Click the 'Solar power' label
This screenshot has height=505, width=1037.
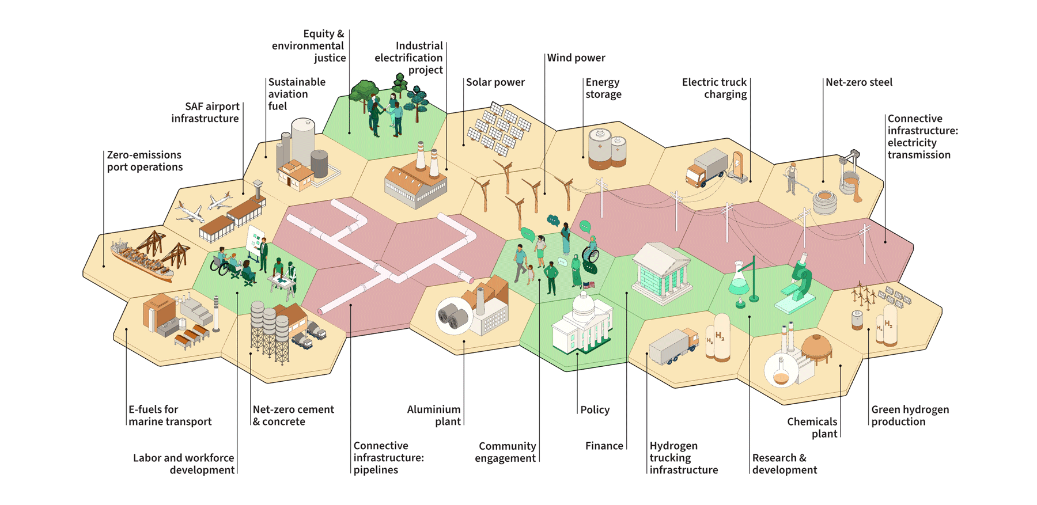[x=495, y=82]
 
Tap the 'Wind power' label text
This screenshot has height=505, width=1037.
[x=576, y=58]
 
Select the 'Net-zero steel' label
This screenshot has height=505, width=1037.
[x=858, y=82]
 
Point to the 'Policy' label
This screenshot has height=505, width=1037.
[x=595, y=410]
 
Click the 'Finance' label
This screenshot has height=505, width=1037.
[x=604, y=446]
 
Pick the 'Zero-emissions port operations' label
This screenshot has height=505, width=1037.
[x=145, y=161]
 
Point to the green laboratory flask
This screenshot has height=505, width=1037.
[x=739, y=282]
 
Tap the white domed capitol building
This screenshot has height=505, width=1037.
[x=582, y=325]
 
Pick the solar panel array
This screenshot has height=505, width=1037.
[x=499, y=129]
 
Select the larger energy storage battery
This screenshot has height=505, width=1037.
[x=599, y=150]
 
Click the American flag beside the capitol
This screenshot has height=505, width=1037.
[x=589, y=285]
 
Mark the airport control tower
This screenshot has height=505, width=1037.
[x=258, y=191]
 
